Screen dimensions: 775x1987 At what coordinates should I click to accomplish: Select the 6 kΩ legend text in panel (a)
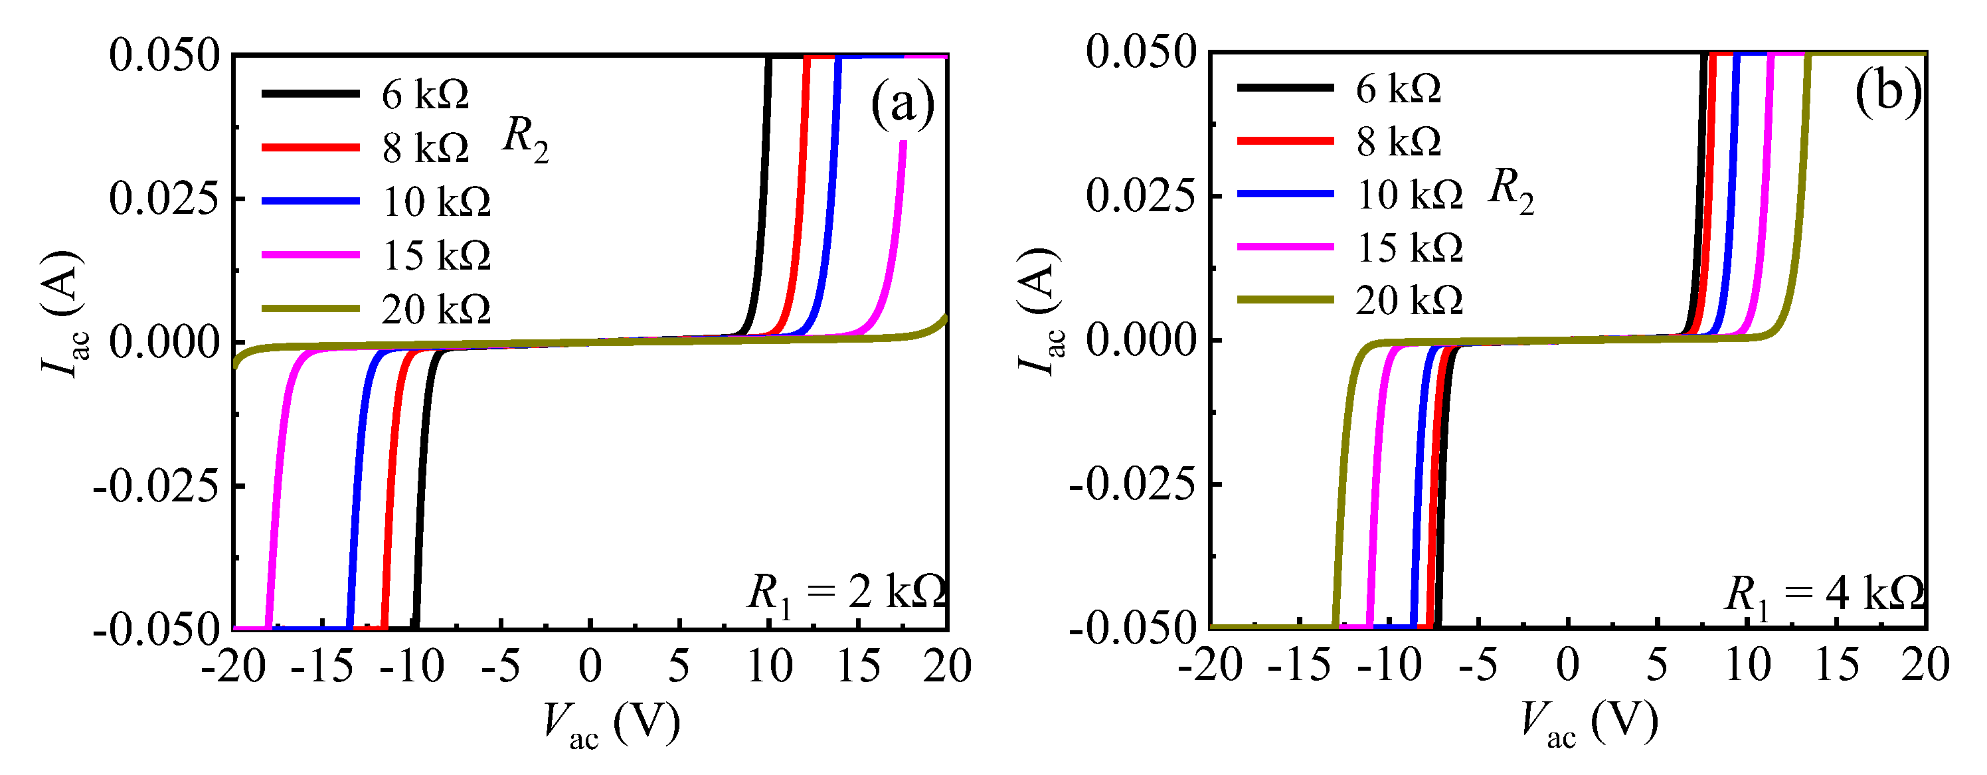click(x=425, y=95)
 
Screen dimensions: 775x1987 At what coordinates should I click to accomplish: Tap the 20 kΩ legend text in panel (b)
click(x=1409, y=300)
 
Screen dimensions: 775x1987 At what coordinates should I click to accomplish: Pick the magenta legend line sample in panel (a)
click(x=310, y=255)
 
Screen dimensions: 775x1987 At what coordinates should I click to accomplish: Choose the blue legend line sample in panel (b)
click(x=1285, y=193)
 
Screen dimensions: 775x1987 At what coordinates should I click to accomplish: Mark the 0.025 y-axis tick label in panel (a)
click(x=164, y=199)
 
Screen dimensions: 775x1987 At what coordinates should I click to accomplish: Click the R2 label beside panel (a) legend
click(x=525, y=139)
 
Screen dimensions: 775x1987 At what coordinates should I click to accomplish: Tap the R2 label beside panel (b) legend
click(x=1510, y=191)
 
